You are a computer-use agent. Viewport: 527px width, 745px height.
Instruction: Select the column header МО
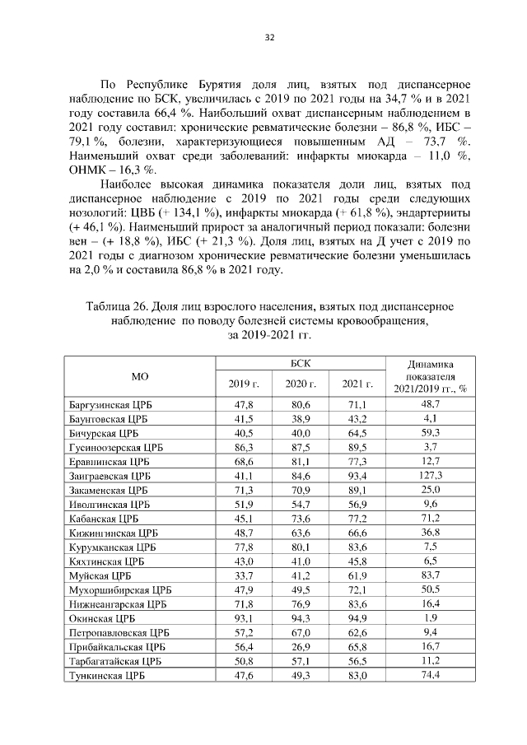click(x=140, y=375)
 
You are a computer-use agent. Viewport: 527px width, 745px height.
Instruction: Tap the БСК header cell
click(x=301, y=362)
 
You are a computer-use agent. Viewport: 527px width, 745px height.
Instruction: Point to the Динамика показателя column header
click(x=430, y=375)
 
